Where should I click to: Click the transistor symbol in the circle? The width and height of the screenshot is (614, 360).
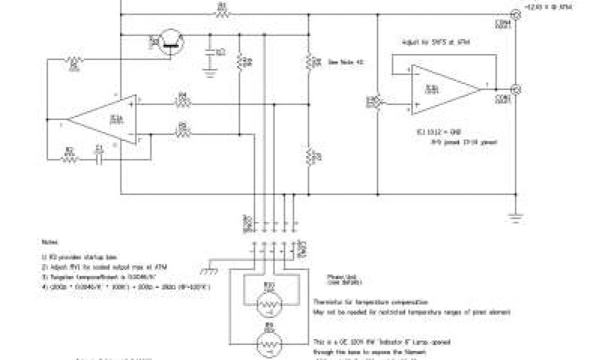(171, 41)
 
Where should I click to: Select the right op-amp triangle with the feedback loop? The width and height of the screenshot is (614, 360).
(444, 89)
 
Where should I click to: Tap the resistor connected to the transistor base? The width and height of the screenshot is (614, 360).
(74, 62)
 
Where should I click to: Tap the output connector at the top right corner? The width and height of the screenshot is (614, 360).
(514, 14)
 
